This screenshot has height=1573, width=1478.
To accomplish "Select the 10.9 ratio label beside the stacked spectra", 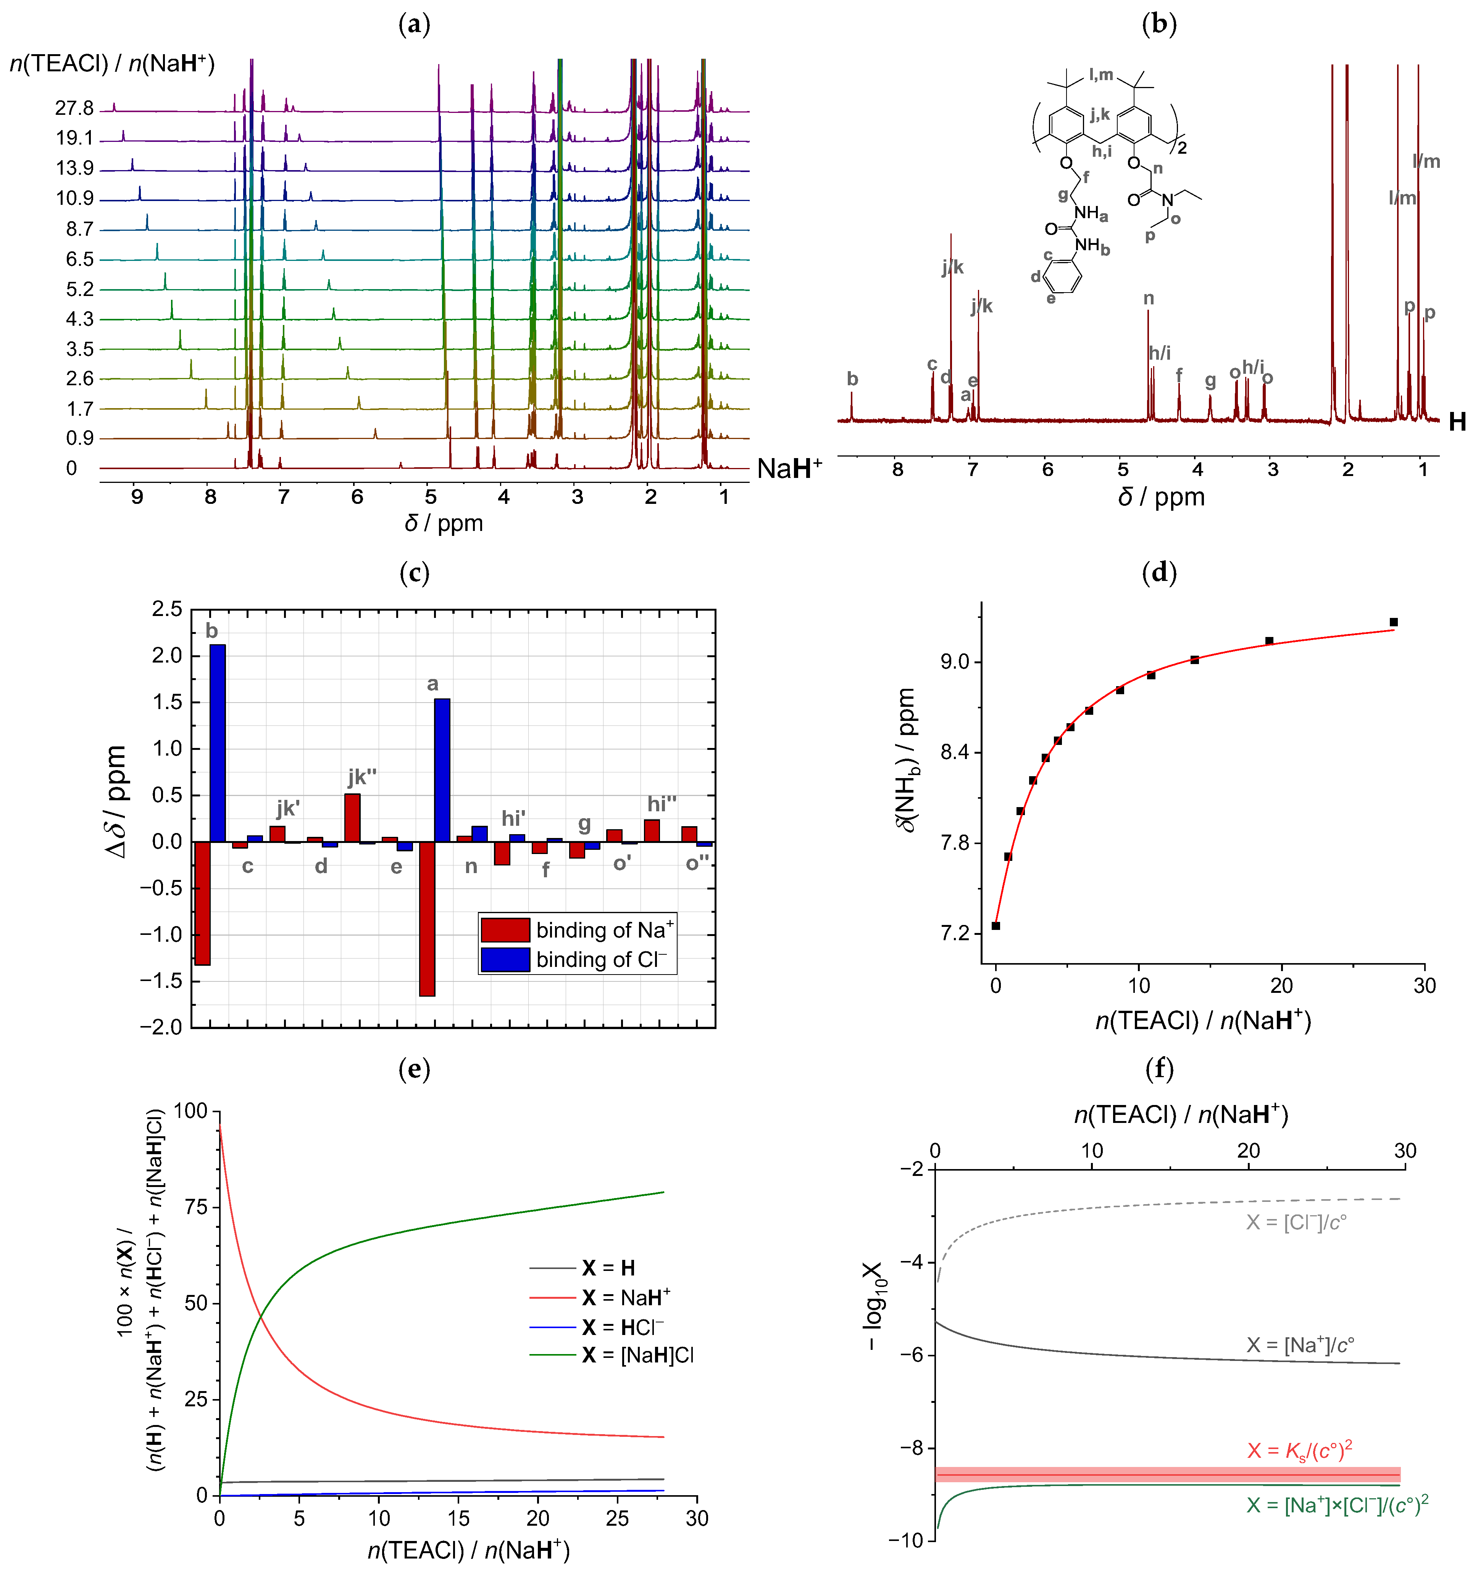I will [74, 198].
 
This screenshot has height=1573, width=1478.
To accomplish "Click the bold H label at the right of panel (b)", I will [1457, 422].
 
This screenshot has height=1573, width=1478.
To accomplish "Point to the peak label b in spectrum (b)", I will [852, 379].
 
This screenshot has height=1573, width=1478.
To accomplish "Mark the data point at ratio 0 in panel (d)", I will [996, 926].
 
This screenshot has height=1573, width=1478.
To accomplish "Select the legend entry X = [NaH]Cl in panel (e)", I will [637, 1356].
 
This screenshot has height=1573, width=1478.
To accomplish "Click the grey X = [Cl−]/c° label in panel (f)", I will [1296, 1222].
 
